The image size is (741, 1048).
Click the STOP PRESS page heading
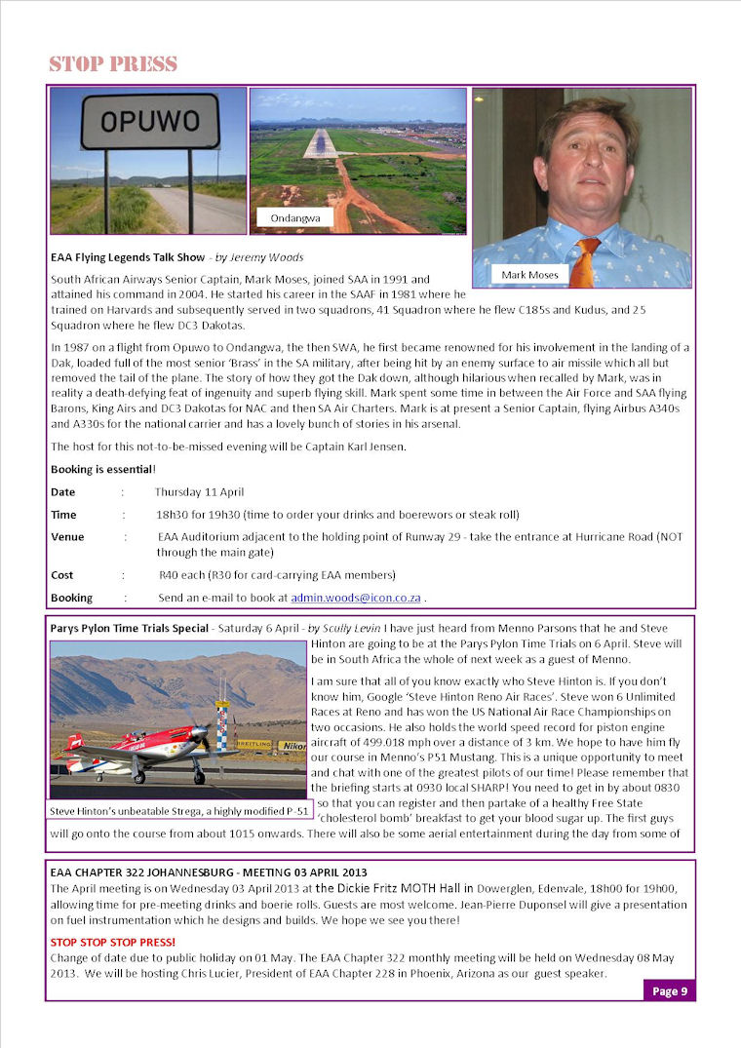click(113, 65)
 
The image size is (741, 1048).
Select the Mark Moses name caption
click(529, 275)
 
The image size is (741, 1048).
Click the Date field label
click(62, 492)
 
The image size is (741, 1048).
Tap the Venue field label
click(67, 537)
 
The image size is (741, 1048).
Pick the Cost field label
click(61, 575)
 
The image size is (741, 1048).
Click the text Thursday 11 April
click(199, 492)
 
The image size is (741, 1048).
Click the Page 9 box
click(670, 991)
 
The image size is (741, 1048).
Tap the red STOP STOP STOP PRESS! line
click(113, 942)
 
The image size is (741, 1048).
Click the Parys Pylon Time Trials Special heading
click(130, 628)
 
